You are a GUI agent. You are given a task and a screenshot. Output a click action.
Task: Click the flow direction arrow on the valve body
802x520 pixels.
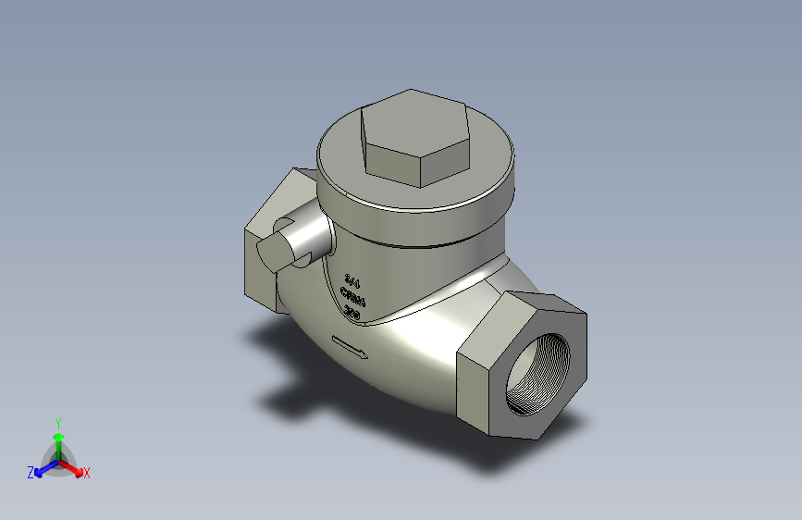(350, 348)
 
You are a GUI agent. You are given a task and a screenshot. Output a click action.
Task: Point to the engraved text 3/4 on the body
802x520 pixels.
(352, 279)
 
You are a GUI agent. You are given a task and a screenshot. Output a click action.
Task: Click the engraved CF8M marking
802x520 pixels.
(354, 297)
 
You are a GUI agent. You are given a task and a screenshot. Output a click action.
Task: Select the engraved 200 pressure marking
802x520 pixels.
(352, 314)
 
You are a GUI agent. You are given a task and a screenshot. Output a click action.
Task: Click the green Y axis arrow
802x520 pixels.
(58, 438)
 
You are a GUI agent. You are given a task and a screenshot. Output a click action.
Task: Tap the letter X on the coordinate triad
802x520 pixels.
(87, 474)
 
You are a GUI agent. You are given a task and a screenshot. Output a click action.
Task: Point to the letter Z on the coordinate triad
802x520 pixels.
(31, 473)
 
